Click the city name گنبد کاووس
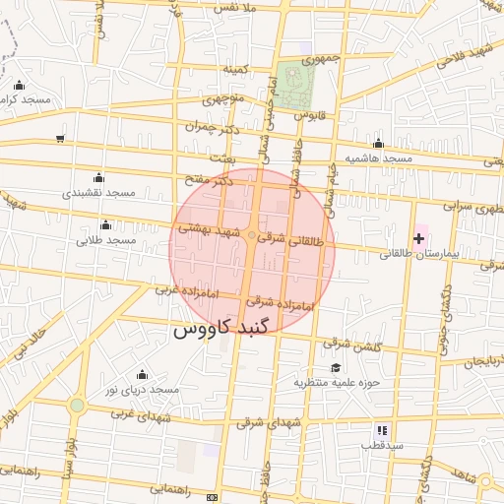(x=216, y=330)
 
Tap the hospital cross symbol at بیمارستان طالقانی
(x=419, y=238)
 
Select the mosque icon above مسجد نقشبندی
(x=97, y=177)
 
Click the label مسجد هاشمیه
(x=378, y=158)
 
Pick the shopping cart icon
(x=61, y=138)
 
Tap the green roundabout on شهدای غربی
(x=77, y=405)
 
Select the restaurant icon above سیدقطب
(x=382, y=430)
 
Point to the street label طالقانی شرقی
(x=290, y=239)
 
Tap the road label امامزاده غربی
(x=183, y=290)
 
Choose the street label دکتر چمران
(x=212, y=127)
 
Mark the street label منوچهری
(x=223, y=99)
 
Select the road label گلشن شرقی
(x=350, y=345)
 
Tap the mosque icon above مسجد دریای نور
(x=142, y=374)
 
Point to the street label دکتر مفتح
(x=210, y=181)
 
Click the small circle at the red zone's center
(x=253, y=236)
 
